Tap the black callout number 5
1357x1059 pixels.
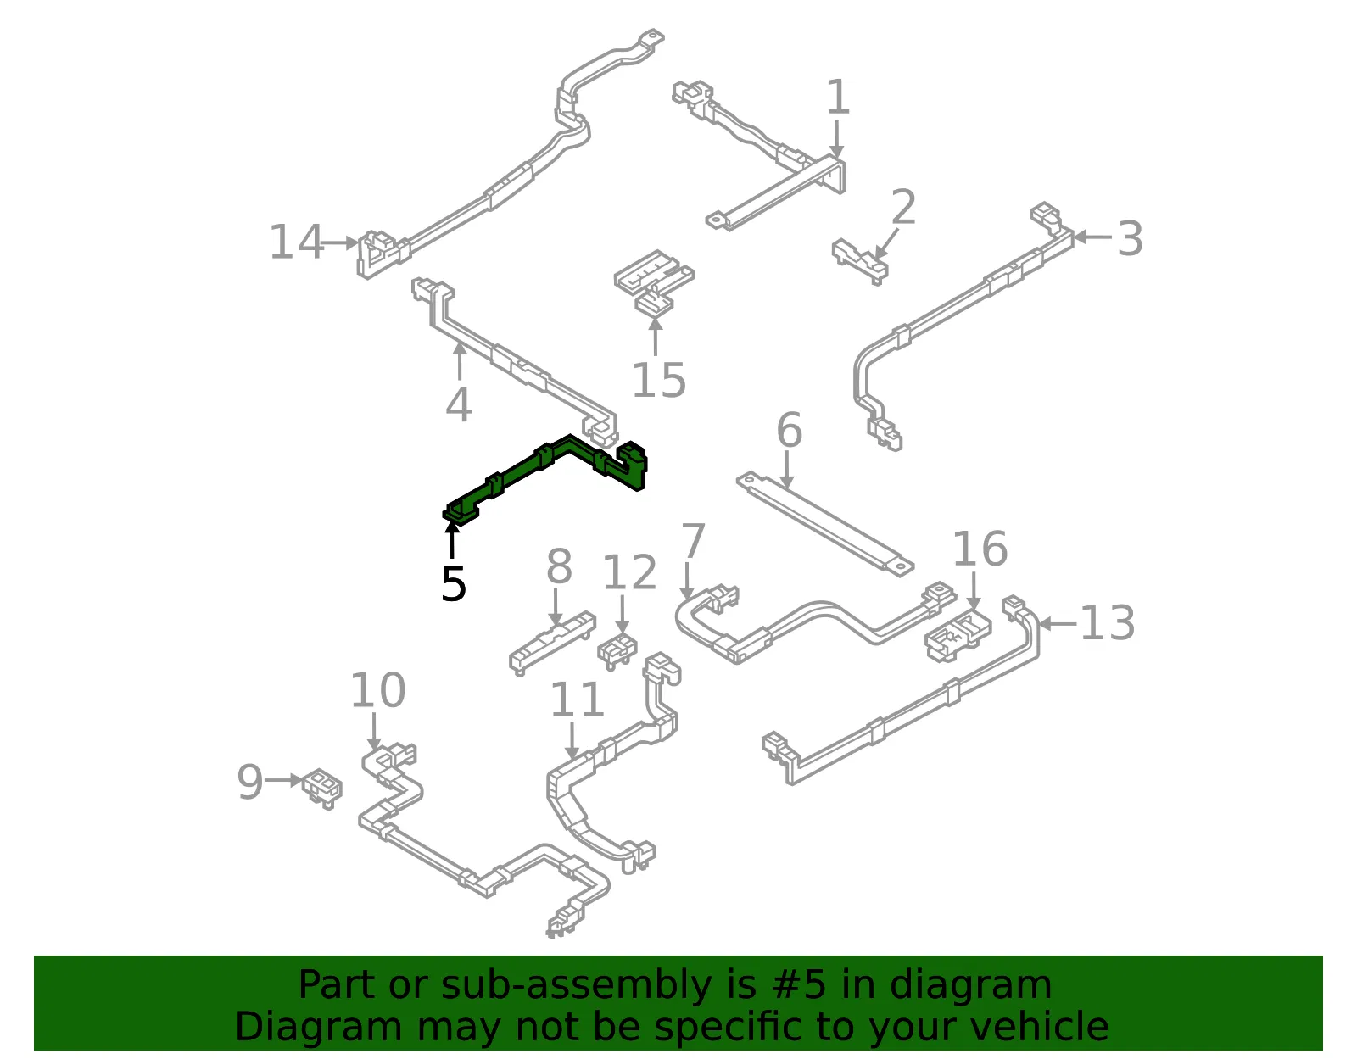[x=454, y=584]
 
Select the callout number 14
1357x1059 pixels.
[x=296, y=242]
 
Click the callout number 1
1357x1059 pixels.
[x=838, y=98]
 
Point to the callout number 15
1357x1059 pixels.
[x=659, y=380]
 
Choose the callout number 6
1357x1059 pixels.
[x=790, y=430]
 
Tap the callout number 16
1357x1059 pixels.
[x=980, y=549]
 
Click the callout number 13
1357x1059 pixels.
[x=1107, y=623]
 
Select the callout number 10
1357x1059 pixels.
[x=377, y=690]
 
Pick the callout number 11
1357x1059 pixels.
[x=577, y=699]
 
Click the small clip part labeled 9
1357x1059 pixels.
[x=322, y=789]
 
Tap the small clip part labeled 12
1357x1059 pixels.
[x=617, y=651]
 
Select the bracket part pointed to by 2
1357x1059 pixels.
[x=861, y=261]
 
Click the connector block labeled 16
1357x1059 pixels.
[x=958, y=637]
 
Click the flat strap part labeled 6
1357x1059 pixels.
[x=825, y=524]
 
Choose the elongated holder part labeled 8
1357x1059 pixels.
[x=553, y=644]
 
